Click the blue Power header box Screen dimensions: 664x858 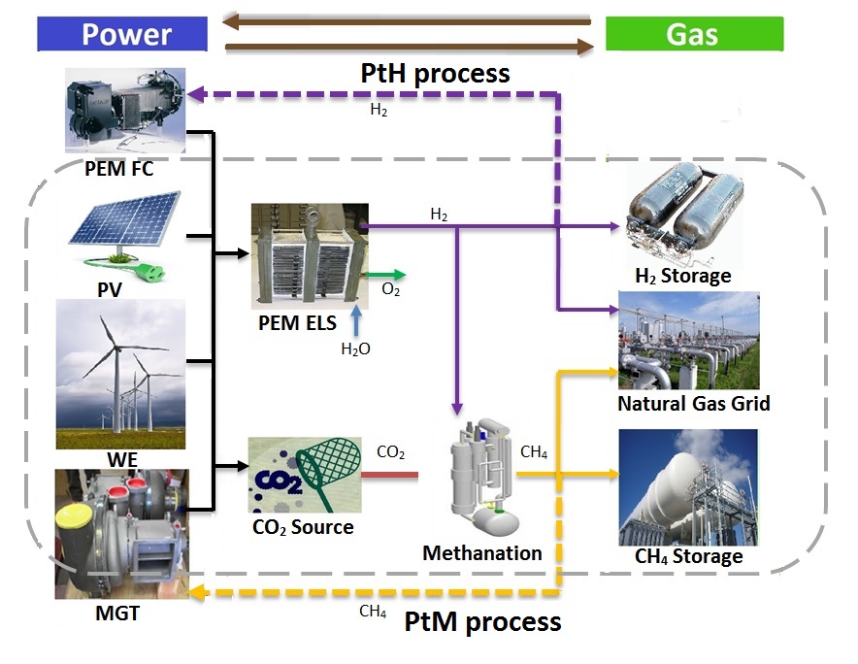(x=122, y=35)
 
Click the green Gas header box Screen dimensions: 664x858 (x=693, y=35)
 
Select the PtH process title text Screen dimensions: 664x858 (x=435, y=73)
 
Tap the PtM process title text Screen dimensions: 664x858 (x=482, y=621)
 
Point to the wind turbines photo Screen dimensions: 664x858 (x=120, y=373)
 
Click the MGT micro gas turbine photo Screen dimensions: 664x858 (x=122, y=532)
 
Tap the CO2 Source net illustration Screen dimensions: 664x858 (x=304, y=475)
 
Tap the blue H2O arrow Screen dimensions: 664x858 (x=356, y=319)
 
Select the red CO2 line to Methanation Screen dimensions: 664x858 (x=389, y=475)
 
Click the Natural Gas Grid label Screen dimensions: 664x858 (x=693, y=402)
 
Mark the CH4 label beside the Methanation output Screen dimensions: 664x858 (x=535, y=451)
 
